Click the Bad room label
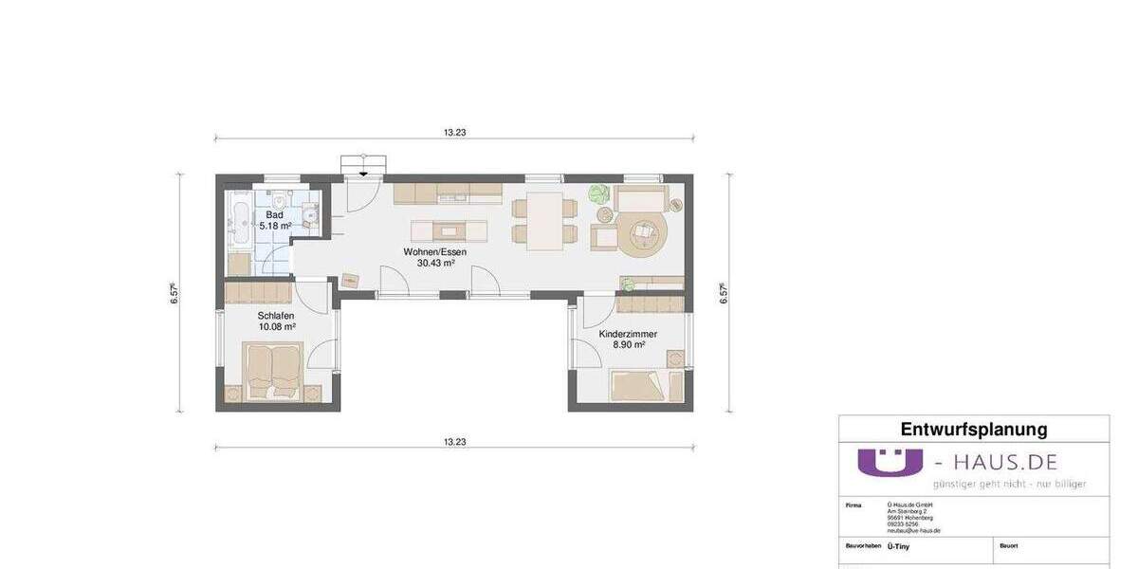274,215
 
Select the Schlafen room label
276,316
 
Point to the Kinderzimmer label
628,334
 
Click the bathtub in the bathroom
238,220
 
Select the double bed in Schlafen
274,371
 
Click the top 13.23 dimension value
454,133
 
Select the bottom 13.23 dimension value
454,442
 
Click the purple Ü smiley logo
890,462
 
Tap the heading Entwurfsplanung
973,430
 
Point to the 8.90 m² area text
628,345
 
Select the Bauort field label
1008,546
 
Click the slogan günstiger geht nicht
1009,484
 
